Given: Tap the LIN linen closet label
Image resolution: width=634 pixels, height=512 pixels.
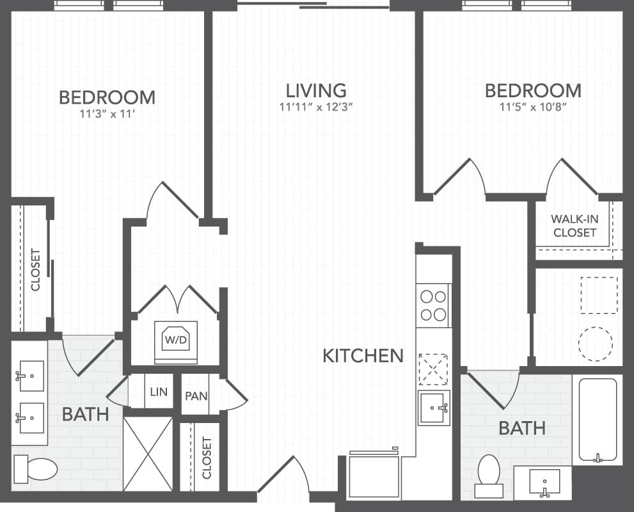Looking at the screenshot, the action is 159,392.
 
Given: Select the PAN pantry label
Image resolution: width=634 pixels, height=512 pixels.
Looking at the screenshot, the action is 196,396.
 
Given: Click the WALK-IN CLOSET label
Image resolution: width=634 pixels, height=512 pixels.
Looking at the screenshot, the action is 575,226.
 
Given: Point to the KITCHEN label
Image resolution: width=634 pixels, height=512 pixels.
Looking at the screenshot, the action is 363,355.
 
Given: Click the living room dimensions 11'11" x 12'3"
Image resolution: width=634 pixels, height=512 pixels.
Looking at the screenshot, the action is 316,107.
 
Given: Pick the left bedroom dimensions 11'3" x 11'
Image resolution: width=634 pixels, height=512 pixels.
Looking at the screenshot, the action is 107,114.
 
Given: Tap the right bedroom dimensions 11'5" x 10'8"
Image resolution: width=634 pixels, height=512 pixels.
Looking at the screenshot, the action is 533,107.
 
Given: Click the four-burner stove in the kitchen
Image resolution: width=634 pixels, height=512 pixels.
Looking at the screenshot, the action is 434,306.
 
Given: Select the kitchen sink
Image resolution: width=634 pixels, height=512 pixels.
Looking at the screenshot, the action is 434,408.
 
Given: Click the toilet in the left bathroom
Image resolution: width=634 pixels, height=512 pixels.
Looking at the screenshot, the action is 36,469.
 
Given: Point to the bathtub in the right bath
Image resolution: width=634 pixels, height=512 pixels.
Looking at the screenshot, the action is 598,420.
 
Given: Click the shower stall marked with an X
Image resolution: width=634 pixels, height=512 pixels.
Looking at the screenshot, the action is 148,454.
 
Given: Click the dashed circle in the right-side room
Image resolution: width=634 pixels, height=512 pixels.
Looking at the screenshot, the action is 595,344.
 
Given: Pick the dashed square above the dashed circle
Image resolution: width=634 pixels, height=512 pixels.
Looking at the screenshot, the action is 599,295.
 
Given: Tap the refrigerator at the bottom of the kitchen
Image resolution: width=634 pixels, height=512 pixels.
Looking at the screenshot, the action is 374,474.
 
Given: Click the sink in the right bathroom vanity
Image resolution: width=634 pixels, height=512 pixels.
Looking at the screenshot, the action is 544,482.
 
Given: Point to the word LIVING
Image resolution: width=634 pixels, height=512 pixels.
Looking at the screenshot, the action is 316,91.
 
